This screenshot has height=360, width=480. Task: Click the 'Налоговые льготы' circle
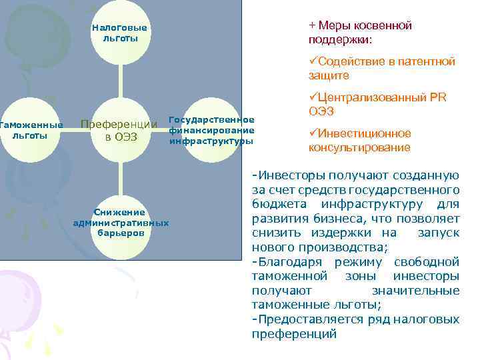pos(120,32)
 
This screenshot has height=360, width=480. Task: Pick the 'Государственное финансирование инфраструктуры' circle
pos(212,130)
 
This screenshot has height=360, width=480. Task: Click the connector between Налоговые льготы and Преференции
pos(121,81)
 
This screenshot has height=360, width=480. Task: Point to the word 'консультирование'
pos(360,147)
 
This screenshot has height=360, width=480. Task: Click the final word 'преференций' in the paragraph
pos(294,333)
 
